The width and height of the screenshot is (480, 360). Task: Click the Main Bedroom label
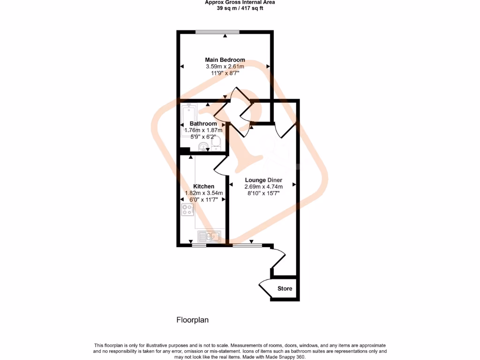tap(225, 60)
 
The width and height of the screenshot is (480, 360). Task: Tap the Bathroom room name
tap(203, 124)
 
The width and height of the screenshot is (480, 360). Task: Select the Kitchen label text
tap(203, 187)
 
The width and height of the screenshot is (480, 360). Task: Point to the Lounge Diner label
tap(262, 180)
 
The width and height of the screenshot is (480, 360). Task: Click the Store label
tap(285, 288)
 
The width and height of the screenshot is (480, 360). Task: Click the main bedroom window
tap(217, 32)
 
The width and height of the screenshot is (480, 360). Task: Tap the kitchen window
tap(199, 244)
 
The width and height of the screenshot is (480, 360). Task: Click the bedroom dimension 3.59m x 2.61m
tap(225, 67)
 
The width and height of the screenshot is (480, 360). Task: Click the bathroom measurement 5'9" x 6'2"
tap(203, 137)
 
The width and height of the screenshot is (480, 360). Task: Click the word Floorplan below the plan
tap(192, 321)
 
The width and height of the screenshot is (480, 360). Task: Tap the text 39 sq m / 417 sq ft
tap(240, 8)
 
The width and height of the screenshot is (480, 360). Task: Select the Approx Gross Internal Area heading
tap(240, 2)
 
